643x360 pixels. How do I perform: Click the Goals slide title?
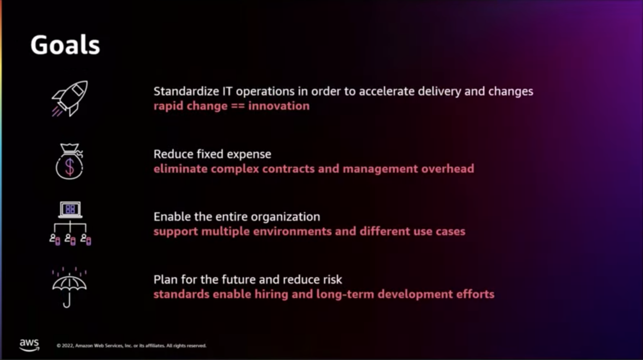[x=65, y=45]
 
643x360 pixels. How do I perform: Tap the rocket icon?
[x=70, y=99]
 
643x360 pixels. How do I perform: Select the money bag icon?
[x=69, y=162]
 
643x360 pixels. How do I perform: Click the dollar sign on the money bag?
[x=69, y=167]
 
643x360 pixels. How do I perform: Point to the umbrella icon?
[x=69, y=288]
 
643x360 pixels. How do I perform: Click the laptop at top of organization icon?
[x=70, y=209]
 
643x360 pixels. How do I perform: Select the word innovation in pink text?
[x=279, y=106]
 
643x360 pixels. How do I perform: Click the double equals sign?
[x=238, y=106]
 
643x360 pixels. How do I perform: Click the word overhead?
[x=448, y=169]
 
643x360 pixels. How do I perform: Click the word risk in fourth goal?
[x=333, y=280]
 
